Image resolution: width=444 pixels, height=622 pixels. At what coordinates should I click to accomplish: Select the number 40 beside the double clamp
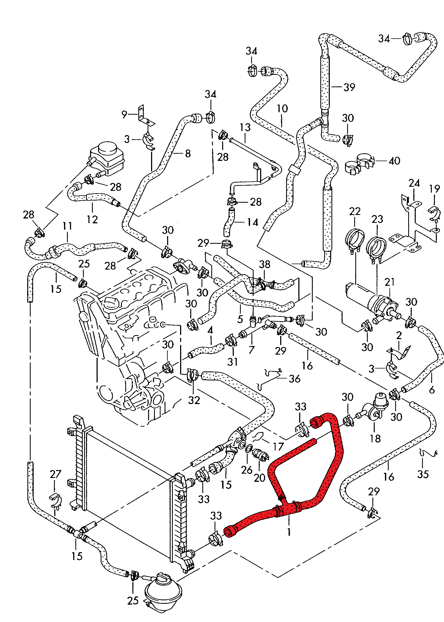394,161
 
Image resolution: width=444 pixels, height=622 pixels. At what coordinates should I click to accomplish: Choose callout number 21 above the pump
389,282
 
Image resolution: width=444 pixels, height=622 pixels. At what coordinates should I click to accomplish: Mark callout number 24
414,183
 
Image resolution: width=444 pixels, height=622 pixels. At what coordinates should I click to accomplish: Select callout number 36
295,379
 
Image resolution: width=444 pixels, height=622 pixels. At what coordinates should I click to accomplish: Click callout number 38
264,264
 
